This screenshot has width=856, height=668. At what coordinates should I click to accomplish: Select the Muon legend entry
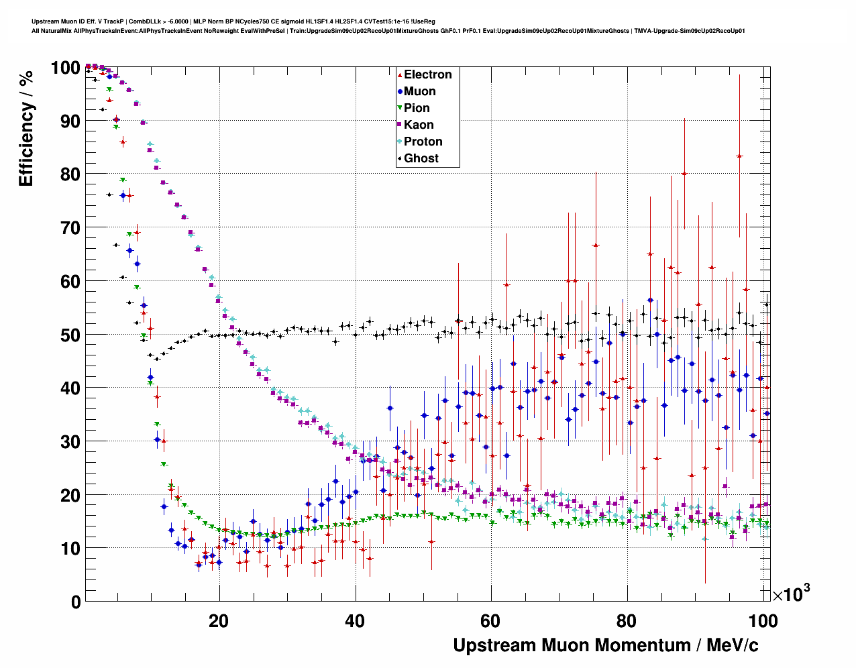[419, 91]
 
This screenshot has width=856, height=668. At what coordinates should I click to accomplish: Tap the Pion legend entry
[417, 108]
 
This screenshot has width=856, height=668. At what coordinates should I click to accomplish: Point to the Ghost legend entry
[421, 158]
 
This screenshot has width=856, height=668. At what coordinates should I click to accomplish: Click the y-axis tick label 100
[65, 68]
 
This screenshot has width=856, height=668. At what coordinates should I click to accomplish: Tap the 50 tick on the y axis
[70, 335]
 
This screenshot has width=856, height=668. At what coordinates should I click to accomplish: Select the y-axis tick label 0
[76, 602]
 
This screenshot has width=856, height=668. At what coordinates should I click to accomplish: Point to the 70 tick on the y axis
[70, 228]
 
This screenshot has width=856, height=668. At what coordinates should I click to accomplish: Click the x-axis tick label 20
[219, 621]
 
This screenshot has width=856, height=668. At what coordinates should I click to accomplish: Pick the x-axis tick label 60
[491, 621]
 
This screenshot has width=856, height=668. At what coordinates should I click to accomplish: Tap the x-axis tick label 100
[762, 621]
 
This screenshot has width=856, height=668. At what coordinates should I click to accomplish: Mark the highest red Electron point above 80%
[739, 156]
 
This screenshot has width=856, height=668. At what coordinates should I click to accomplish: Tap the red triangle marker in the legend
[400, 74]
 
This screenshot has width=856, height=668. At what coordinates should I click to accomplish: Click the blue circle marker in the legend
[400, 91]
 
